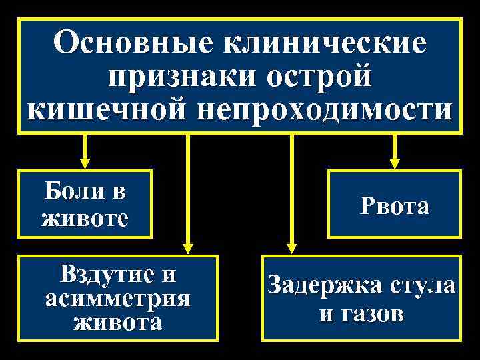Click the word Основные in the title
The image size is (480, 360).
click(x=134, y=44)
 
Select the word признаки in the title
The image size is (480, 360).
click(x=177, y=77)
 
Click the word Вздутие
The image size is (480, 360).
click(x=109, y=274)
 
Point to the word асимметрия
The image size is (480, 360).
click(x=118, y=298)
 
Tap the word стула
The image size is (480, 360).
click(x=423, y=287)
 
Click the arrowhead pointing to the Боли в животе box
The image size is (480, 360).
click(x=85, y=162)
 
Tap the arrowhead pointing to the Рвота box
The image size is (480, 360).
click(x=395, y=162)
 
